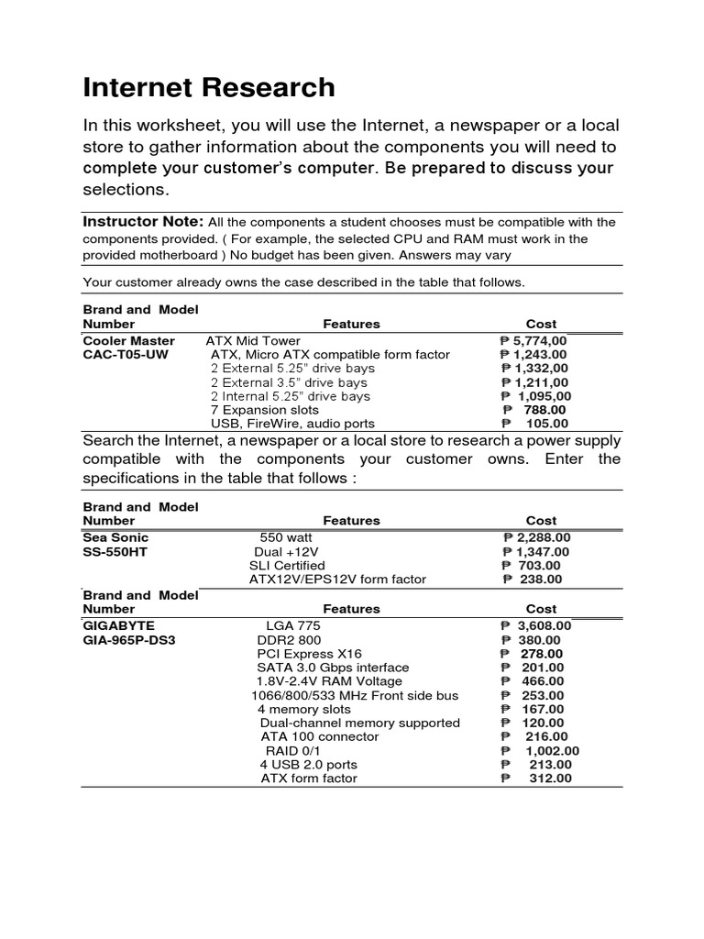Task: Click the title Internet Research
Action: (x=209, y=88)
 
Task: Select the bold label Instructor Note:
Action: (x=143, y=222)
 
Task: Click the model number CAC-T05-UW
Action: (x=123, y=354)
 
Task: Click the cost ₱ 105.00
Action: (x=535, y=424)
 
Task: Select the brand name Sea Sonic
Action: (x=115, y=537)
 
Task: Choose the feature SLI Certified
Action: (x=287, y=566)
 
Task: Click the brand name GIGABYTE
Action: (x=119, y=625)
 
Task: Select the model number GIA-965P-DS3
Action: (x=129, y=640)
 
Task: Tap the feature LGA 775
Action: (x=293, y=625)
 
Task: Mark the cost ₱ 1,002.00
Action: (x=539, y=750)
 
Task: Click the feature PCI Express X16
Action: (x=310, y=654)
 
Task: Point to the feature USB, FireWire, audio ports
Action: (x=292, y=424)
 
